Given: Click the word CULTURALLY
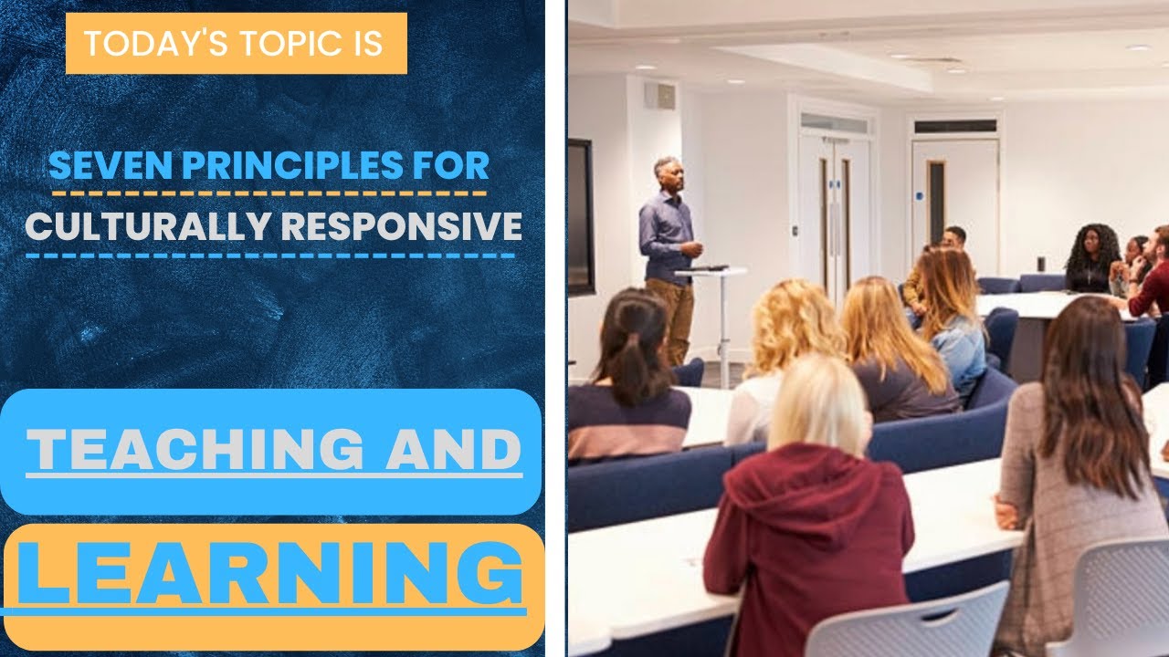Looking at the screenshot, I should pos(131,225).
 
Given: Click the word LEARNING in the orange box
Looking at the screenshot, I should pos(270,575).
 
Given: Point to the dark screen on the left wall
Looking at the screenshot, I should pos(581,217).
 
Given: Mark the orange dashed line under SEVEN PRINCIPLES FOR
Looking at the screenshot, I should pos(269,193).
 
